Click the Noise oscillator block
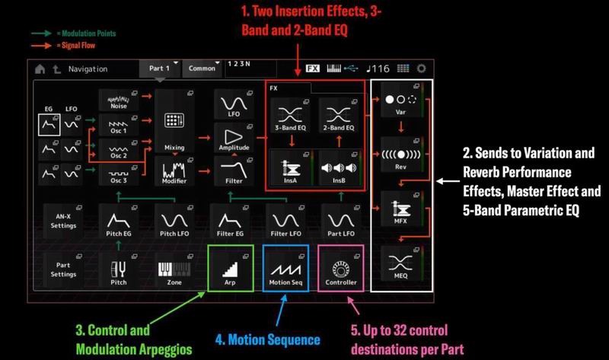[119, 100]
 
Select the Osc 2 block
[119, 150]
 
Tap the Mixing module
[174, 121]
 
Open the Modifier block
[174, 171]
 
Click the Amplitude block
[234, 138]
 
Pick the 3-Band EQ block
[291, 116]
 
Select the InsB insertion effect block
[339, 167]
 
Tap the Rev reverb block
[401, 155]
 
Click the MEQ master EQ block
[401, 263]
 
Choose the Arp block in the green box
[231, 269]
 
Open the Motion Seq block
[286, 269]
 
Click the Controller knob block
[341, 269]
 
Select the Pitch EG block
[119, 221]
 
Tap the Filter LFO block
[286, 221]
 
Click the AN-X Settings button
[63, 221]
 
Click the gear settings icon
[422, 68]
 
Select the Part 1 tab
[160, 68]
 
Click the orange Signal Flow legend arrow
[42, 46]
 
